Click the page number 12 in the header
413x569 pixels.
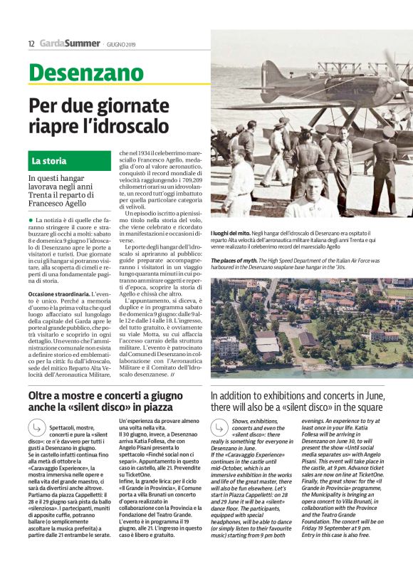coord(31,43)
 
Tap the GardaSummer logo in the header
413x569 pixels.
coord(69,43)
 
